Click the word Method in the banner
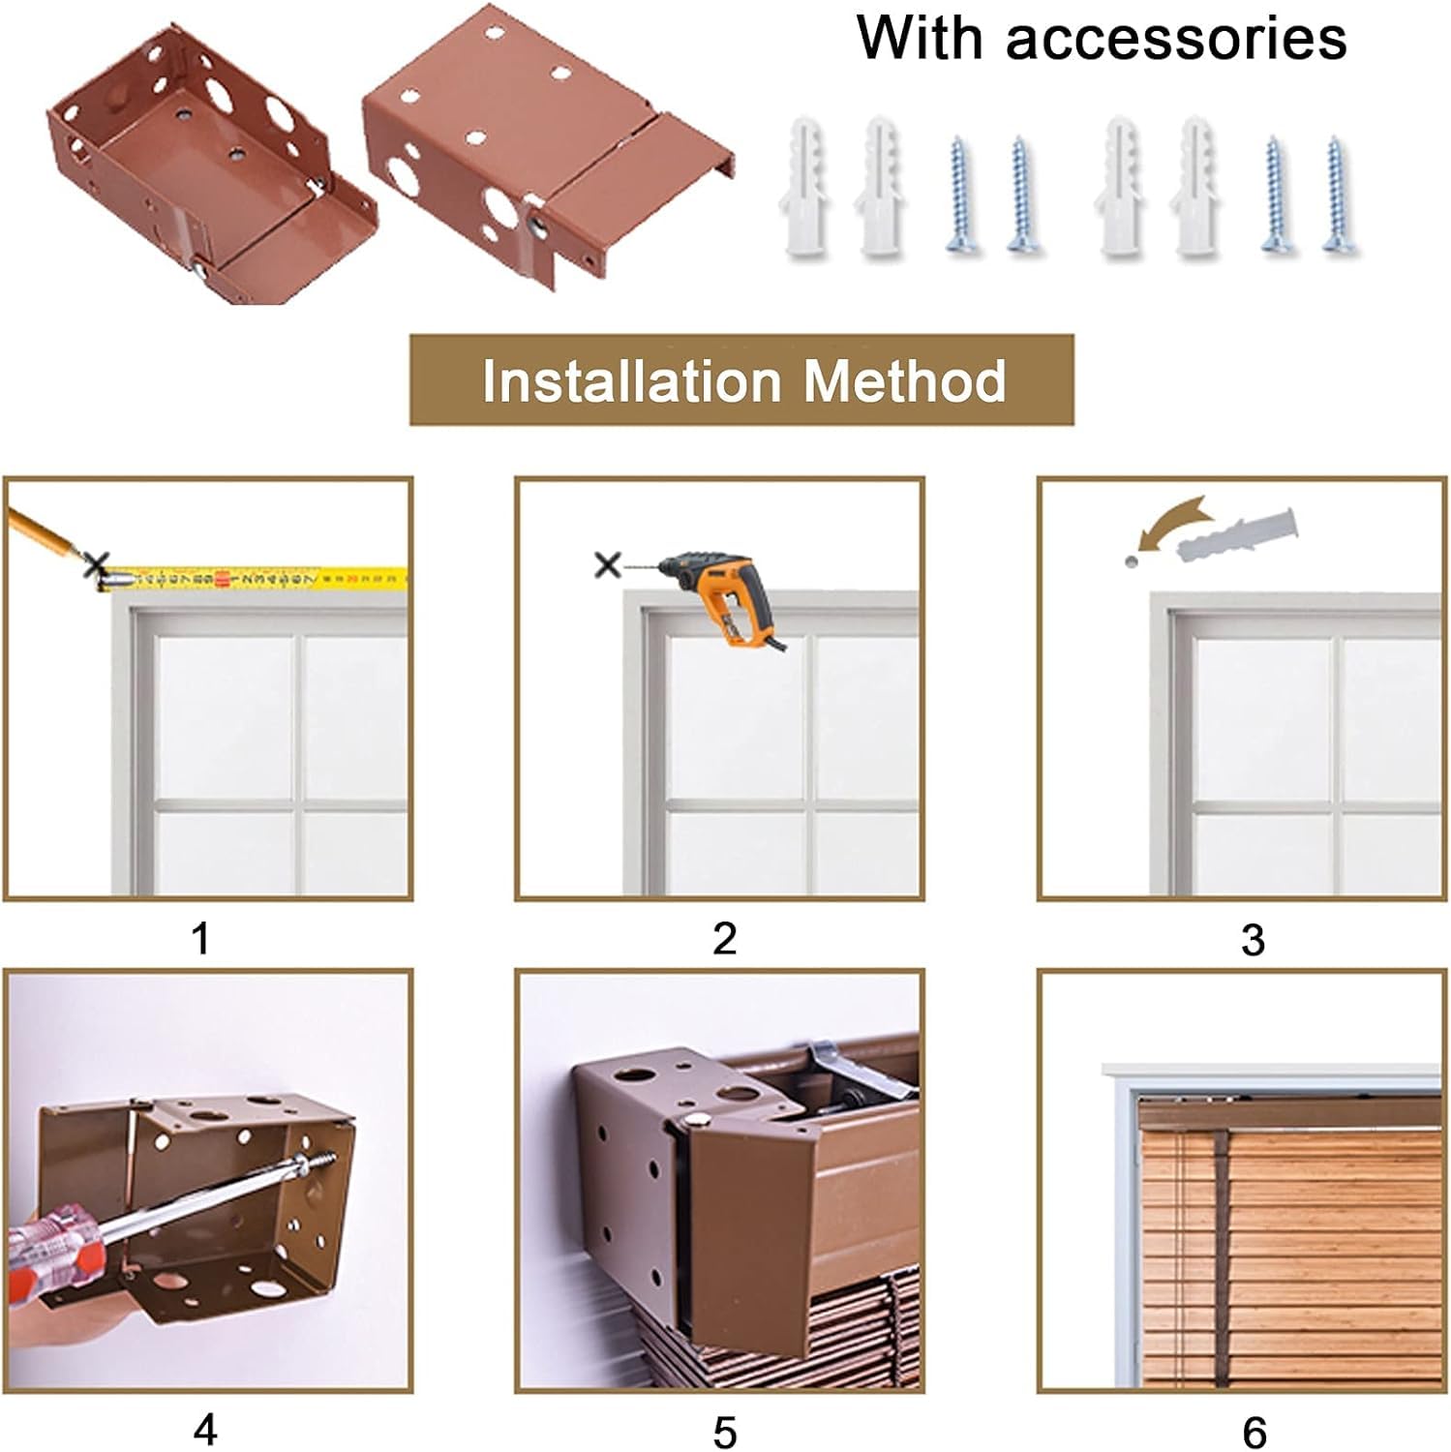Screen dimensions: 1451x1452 pos(904,380)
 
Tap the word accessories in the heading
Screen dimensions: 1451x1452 pos(1176,39)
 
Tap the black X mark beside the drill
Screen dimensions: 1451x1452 pos(608,563)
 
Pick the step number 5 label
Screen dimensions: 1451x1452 pos(725,1432)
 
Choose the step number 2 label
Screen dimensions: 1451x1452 pos(724,938)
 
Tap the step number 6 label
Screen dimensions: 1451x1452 pos(1254,1432)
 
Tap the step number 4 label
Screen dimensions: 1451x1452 pos(204,1430)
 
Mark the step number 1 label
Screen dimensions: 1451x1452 pos(201,938)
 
